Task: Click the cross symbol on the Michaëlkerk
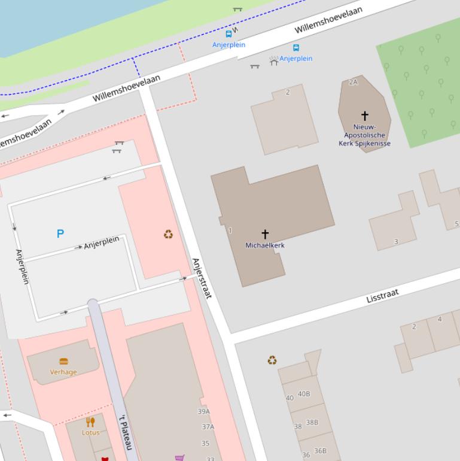(265, 233)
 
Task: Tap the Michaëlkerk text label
(265, 245)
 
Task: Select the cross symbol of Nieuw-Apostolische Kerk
(364, 115)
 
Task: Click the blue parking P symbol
(60, 233)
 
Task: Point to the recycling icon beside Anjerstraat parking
(169, 234)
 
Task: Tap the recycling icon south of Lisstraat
(272, 360)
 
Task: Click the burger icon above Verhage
(63, 361)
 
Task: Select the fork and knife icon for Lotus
(90, 422)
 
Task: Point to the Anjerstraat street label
(202, 278)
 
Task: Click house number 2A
(353, 82)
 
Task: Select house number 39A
(204, 411)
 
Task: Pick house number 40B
(304, 394)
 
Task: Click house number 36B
(320, 451)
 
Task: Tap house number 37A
(208, 427)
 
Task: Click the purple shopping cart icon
(179, 457)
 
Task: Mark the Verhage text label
(63, 372)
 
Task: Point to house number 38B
(312, 422)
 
